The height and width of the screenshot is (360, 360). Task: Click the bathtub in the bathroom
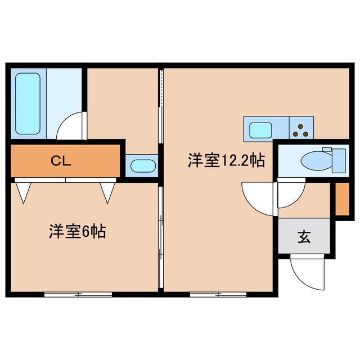tap(28, 103)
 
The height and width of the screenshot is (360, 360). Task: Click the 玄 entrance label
tap(304, 237)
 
